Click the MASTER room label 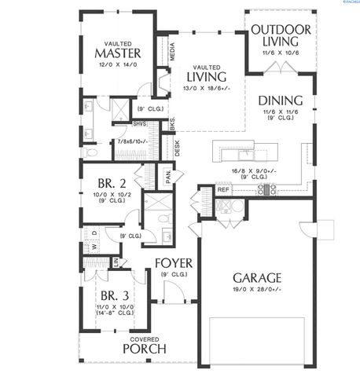(118, 53)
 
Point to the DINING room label (278, 101)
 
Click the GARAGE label (257, 277)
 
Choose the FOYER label (174, 262)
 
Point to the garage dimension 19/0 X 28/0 (257, 291)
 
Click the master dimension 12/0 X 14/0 (117, 65)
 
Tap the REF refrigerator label (222, 189)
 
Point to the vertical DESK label (178, 148)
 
